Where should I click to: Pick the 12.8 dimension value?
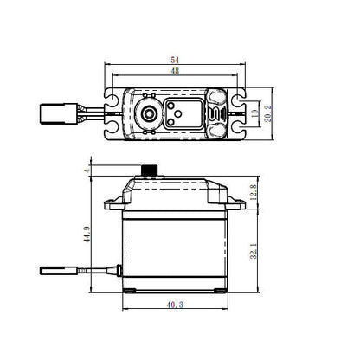pyautogui.click(x=253, y=192)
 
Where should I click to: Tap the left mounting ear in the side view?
pyautogui.click(x=112, y=206)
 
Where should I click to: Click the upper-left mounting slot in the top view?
pyautogui.click(x=112, y=95)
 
